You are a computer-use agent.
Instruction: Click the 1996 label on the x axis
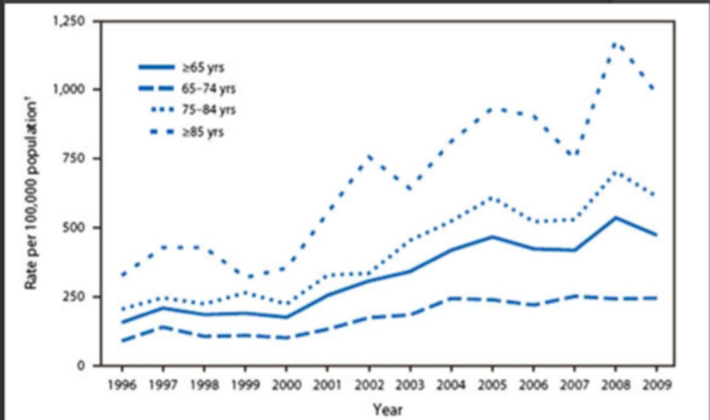click(122, 385)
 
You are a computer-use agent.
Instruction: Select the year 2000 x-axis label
click(286, 385)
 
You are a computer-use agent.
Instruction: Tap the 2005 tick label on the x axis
click(492, 385)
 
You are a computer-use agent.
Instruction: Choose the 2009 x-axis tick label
click(656, 385)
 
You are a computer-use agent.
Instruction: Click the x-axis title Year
click(388, 409)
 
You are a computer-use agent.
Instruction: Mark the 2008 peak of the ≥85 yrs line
click(615, 44)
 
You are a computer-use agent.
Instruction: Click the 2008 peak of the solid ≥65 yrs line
click(615, 217)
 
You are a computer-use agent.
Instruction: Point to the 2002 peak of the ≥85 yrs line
click(369, 157)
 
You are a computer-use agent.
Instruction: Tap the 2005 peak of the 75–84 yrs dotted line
click(492, 198)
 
